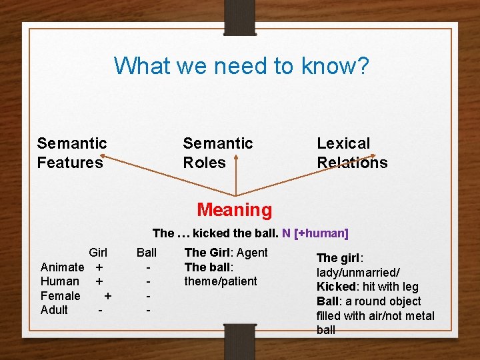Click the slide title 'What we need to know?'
click(x=241, y=66)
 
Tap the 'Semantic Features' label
click(x=72, y=153)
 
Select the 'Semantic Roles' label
click(x=217, y=153)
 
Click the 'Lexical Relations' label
click(x=351, y=153)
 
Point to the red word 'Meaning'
click(x=235, y=210)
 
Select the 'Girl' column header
click(x=98, y=253)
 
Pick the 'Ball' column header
click(x=147, y=253)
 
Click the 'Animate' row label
click(x=62, y=267)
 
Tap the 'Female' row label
click(x=60, y=295)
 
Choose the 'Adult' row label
click(x=54, y=310)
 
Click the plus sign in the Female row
click(x=108, y=295)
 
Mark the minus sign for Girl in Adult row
click(x=100, y=310)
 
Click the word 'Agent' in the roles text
click(x=252, y=253)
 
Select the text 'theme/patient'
click(x=221, y=281)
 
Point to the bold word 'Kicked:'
click(x=336, y=287)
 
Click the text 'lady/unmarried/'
click(x=358, y=272)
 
